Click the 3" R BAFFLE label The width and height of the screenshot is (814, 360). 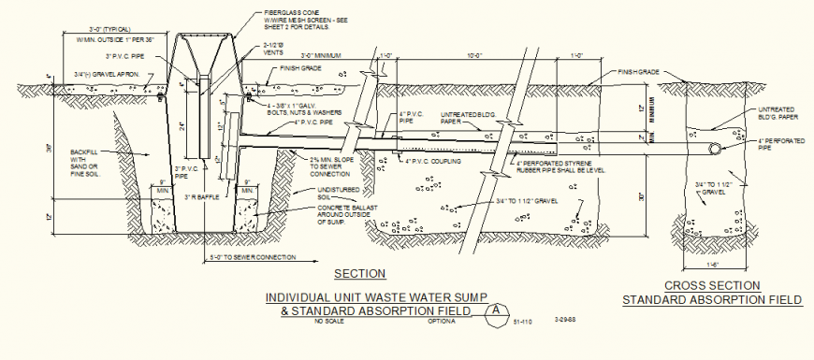point(202,196)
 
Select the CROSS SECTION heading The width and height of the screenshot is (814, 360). point(711,286)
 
